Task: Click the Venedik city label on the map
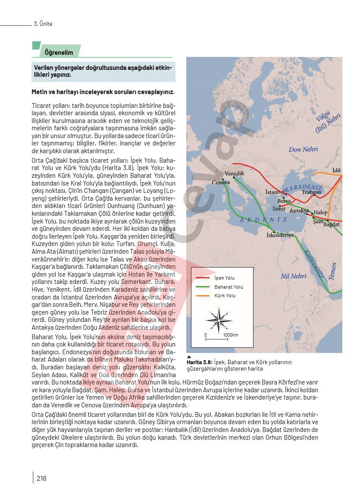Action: (235, 173)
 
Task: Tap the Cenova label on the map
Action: (220, 183)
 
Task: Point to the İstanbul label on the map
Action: (275, 192)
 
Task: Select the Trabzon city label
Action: (311, 192)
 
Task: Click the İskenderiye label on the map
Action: (280, 235)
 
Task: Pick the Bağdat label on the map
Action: (332, 224)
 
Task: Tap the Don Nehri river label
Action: (303, 149)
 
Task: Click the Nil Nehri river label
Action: (293, 276)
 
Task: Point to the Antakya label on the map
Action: (299, 211)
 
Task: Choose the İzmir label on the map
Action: (279, 208)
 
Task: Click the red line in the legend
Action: (202, 278)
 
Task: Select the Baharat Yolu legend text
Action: (229, 287)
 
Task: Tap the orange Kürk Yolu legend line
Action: (202, 296)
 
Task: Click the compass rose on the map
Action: (219, 320)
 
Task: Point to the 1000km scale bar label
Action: (231, 335)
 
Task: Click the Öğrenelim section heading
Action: (59, 53)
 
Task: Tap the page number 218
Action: (41, 478)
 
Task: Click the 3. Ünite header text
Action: (43, 24)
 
